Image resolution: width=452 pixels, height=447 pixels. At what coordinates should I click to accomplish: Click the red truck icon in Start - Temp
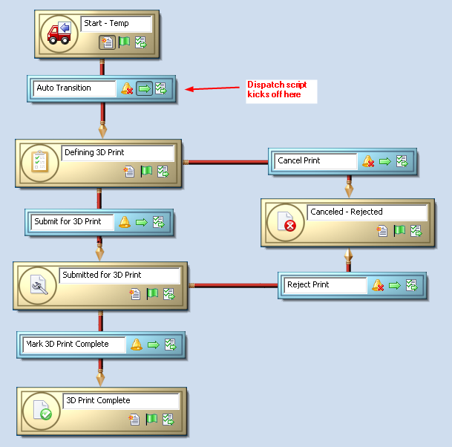point(59,34)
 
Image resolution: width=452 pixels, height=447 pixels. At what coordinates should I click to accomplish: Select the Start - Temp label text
point(106,24)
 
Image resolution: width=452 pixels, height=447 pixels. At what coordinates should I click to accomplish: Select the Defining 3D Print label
point(94,153)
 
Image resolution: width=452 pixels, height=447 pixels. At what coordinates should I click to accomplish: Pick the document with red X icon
point(285,222)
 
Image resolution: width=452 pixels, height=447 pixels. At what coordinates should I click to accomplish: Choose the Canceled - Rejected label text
point(347,212)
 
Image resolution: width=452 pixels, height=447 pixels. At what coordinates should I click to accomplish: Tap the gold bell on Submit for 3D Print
point(124,222)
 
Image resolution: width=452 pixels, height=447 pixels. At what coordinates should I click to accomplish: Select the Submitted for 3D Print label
point(102,275)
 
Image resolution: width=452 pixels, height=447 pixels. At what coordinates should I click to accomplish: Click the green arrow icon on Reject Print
point(394,284)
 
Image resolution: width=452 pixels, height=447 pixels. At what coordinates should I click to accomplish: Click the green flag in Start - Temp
point(124,42)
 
